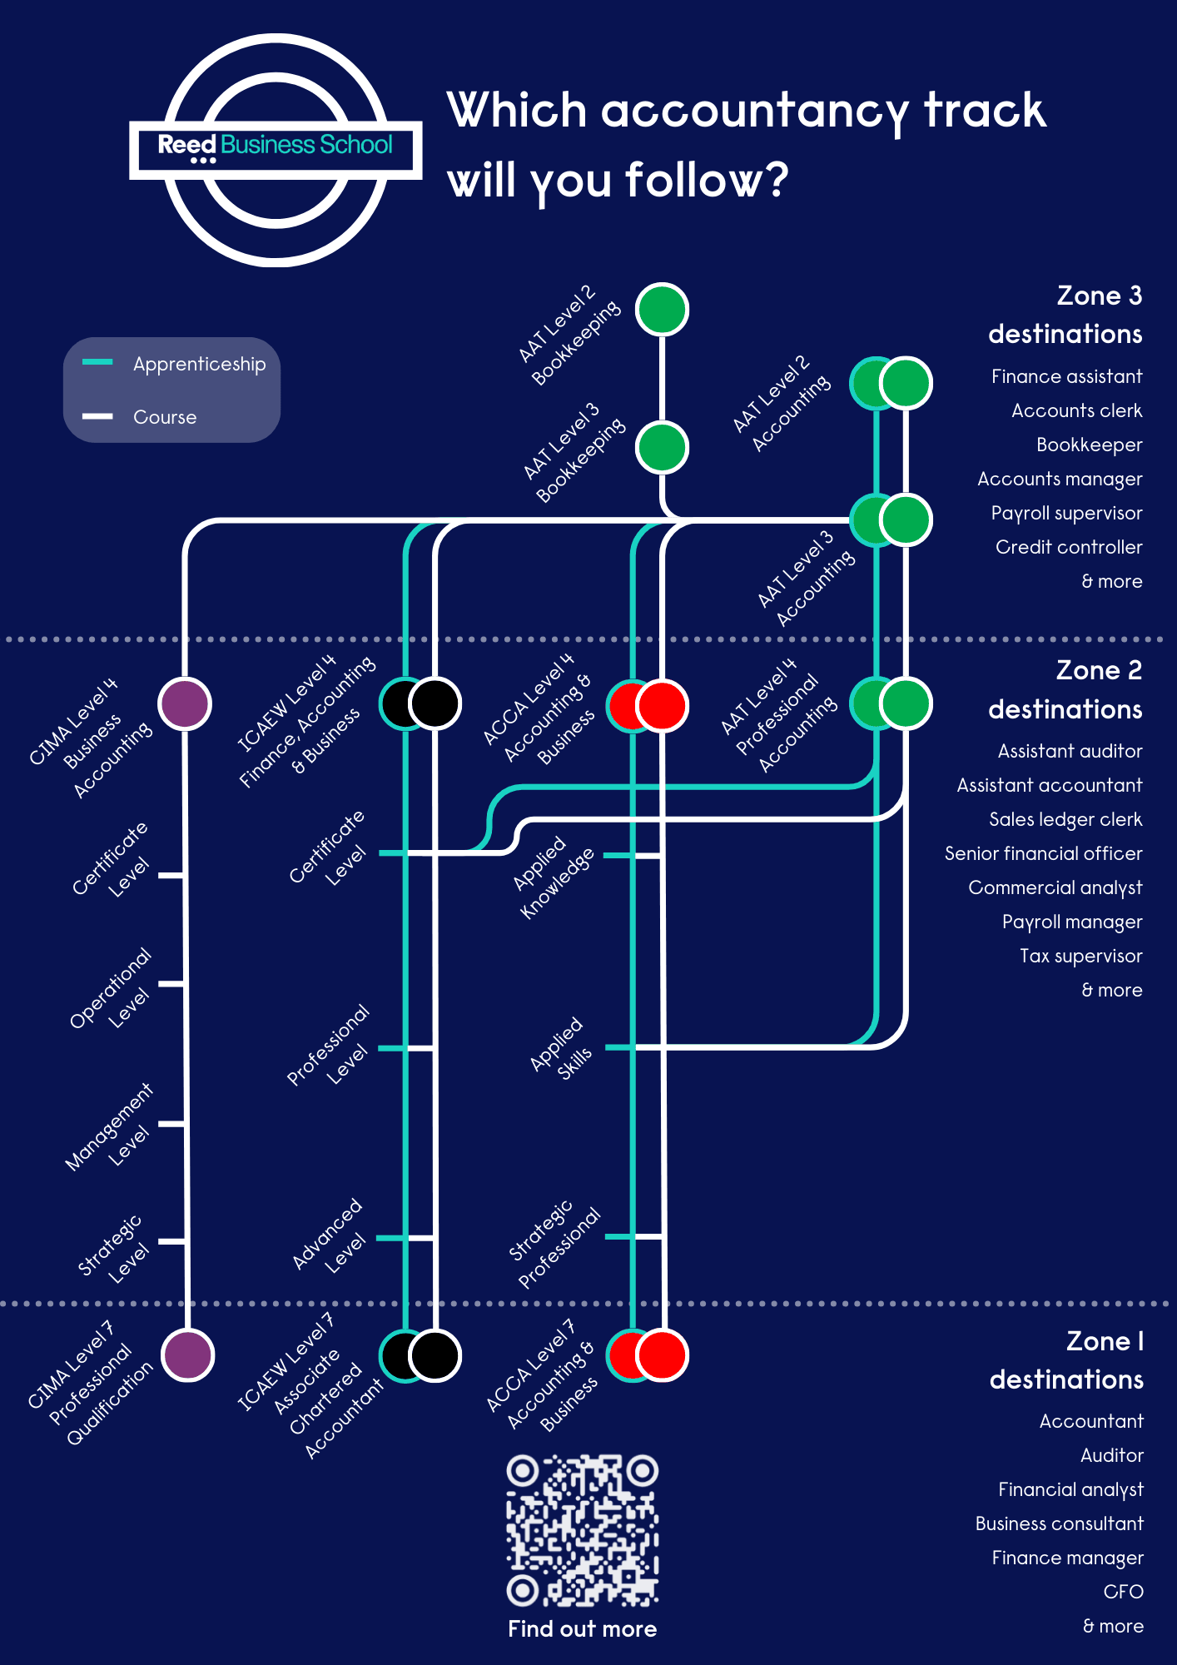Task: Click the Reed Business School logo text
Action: (275, 146)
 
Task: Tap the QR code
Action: (582, 1530)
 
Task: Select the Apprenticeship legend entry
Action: (198, 365)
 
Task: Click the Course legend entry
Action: (164, 417)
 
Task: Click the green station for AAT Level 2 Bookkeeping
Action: (662, 310)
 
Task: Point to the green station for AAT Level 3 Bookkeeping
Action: (662, 447)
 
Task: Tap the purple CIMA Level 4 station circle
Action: (185, 703)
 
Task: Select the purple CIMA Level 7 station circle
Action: (187, 1355)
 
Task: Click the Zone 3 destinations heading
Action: (1065, 315)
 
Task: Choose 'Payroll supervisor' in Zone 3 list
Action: (1066, 513)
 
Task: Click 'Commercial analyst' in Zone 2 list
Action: (1055, 887)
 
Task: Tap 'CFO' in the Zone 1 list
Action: (1123, 1592)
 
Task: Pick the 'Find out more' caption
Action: (582, 1629)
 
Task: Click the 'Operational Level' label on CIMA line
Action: (112, 989)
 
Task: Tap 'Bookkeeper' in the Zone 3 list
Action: (1089, 445)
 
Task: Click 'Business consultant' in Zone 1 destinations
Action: (1059, 1523)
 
